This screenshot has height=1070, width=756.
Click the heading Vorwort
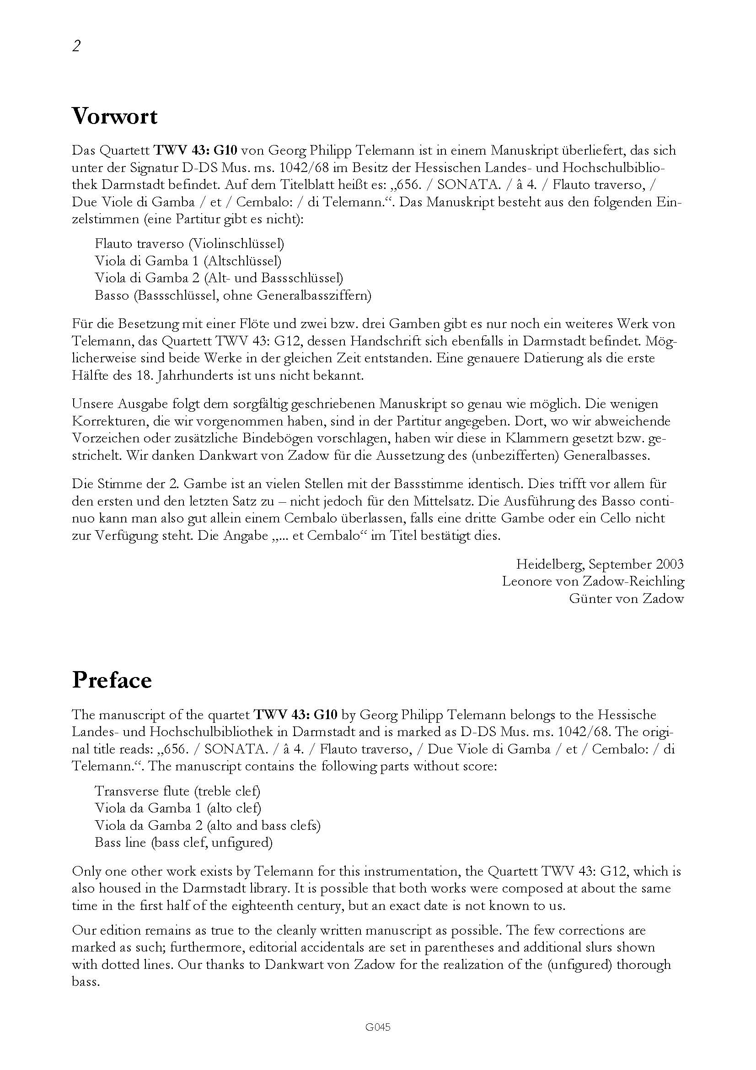pyautogui.click(x=115, y=116)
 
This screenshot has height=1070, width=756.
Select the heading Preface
pyautogui.click(x=112, y=680)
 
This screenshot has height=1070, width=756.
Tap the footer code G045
pyautogui.click(x=378, y=1027)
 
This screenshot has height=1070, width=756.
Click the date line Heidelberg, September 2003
pyautogui.click(x=600, y=565)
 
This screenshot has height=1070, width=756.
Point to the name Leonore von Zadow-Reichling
pyautogui.click(x=593, y=581)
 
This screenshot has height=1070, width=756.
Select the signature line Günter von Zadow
pyautogui.click(x=626, y=599)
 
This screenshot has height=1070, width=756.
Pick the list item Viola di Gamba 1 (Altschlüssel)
pyautogui.click(x=188, y=260)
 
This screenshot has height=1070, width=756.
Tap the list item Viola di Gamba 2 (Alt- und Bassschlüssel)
pyautogui.click(x=219, y=278)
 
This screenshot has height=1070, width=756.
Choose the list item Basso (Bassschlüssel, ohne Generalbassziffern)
pyautogui.click(x=232, y=295)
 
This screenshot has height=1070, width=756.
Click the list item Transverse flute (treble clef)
pyautogui.click(x=177, y=791)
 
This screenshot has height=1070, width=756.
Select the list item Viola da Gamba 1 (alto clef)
pyautogui.click(x=177, y=808)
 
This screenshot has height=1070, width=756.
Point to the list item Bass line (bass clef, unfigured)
pyautogui.click(x=183, y=843)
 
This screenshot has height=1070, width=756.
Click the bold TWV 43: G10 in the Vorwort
pyautogui.click(x=196, y=151)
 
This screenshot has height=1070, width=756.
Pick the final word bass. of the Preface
pyautogui.click(x=85, y=982)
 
